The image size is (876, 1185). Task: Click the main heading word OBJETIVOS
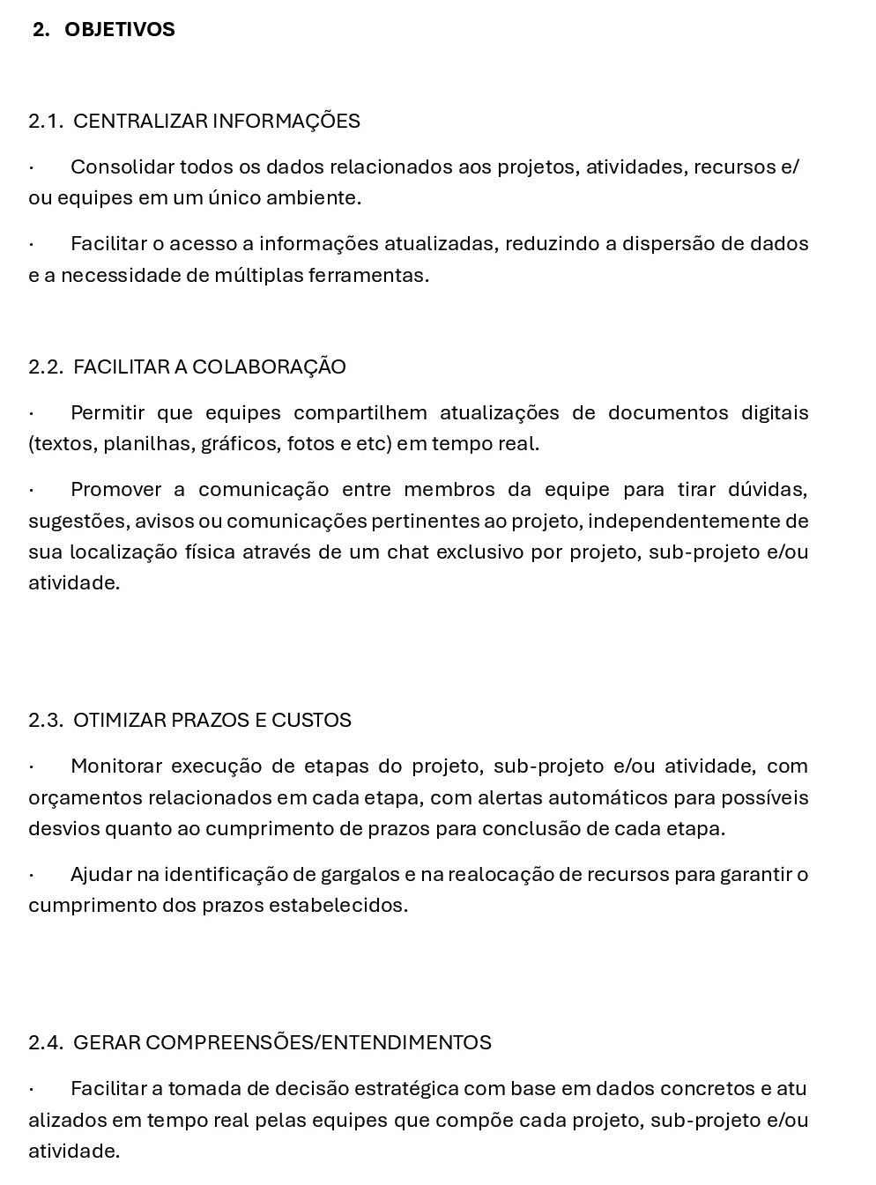120,30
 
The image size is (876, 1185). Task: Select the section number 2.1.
46,122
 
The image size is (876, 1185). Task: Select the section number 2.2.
46,367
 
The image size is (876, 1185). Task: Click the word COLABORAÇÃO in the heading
269,367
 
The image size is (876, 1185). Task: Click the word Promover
116,490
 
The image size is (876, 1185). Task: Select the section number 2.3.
46,721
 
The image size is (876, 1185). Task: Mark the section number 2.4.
46,1043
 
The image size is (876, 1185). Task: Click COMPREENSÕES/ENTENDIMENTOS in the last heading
318,1043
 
